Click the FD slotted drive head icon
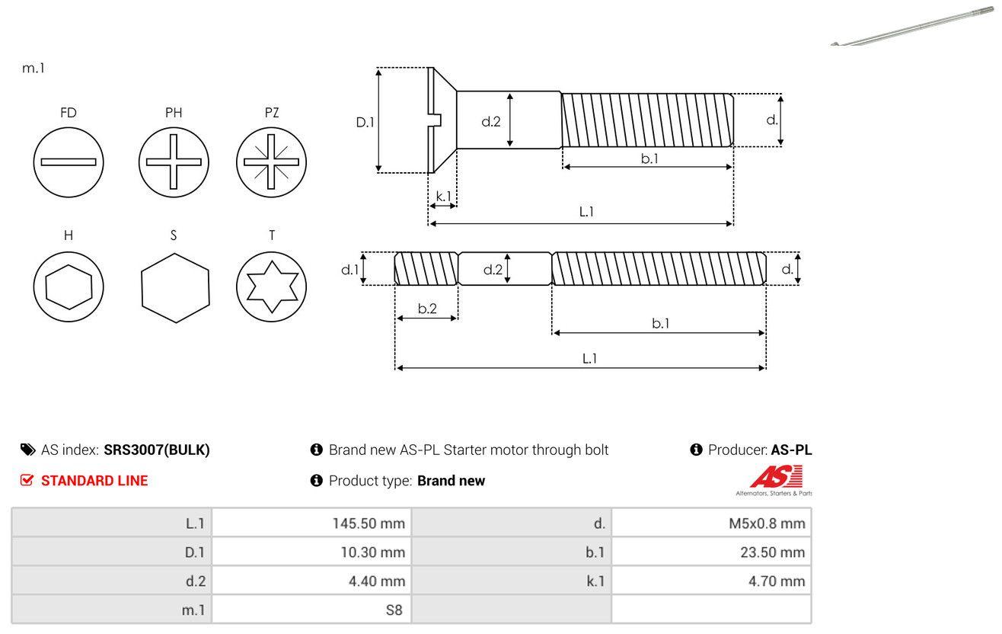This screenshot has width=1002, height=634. pyautogui.click(x=69, y=162)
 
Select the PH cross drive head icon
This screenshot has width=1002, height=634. pyautogui.click(x=174, y=162)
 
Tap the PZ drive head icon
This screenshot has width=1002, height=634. pyautogui.click(x=272, y=162)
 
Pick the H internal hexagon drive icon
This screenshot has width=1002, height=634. pyautogui.click(x=69, y=287)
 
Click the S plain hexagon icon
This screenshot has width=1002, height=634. pyautogui.click(x=174, y=287)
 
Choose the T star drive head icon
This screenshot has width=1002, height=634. pyautogui.click(x=272, y=287)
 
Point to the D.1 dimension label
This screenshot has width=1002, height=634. pyautogui.click(x=365, y=122)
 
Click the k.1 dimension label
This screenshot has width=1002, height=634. pyautogui.click(x=443, y=196)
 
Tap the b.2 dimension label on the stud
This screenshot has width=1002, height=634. pyautogui.click(x=427, y=309)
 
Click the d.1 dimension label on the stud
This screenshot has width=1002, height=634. pyautogui.click(x=349, y=269)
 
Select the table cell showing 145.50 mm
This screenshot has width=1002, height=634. pyautogui.click(x=311, y=523)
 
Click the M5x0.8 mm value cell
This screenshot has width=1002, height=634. pyautogui.click(x=711, y=523)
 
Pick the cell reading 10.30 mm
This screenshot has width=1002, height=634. pyautogui.click(x=311, y=552)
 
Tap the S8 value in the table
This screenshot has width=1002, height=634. pyautogui.click(x=311, y=610)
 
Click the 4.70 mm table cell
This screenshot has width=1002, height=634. pyautogui.click(x=711, y=581)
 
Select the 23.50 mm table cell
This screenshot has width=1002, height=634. pyautogui.click(x=711, y=552)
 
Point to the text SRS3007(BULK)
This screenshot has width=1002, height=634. pyautogui.click(x=156, y=450)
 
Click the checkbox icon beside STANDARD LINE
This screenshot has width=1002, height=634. pyautogui.click(x=27, y=480)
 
